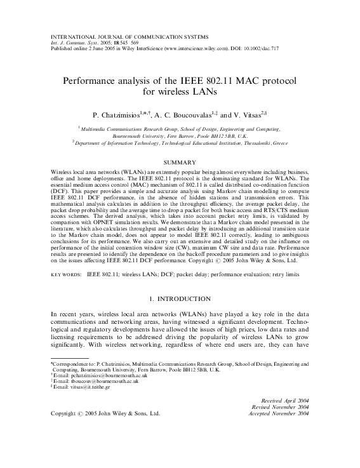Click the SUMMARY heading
tap(180, 163)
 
